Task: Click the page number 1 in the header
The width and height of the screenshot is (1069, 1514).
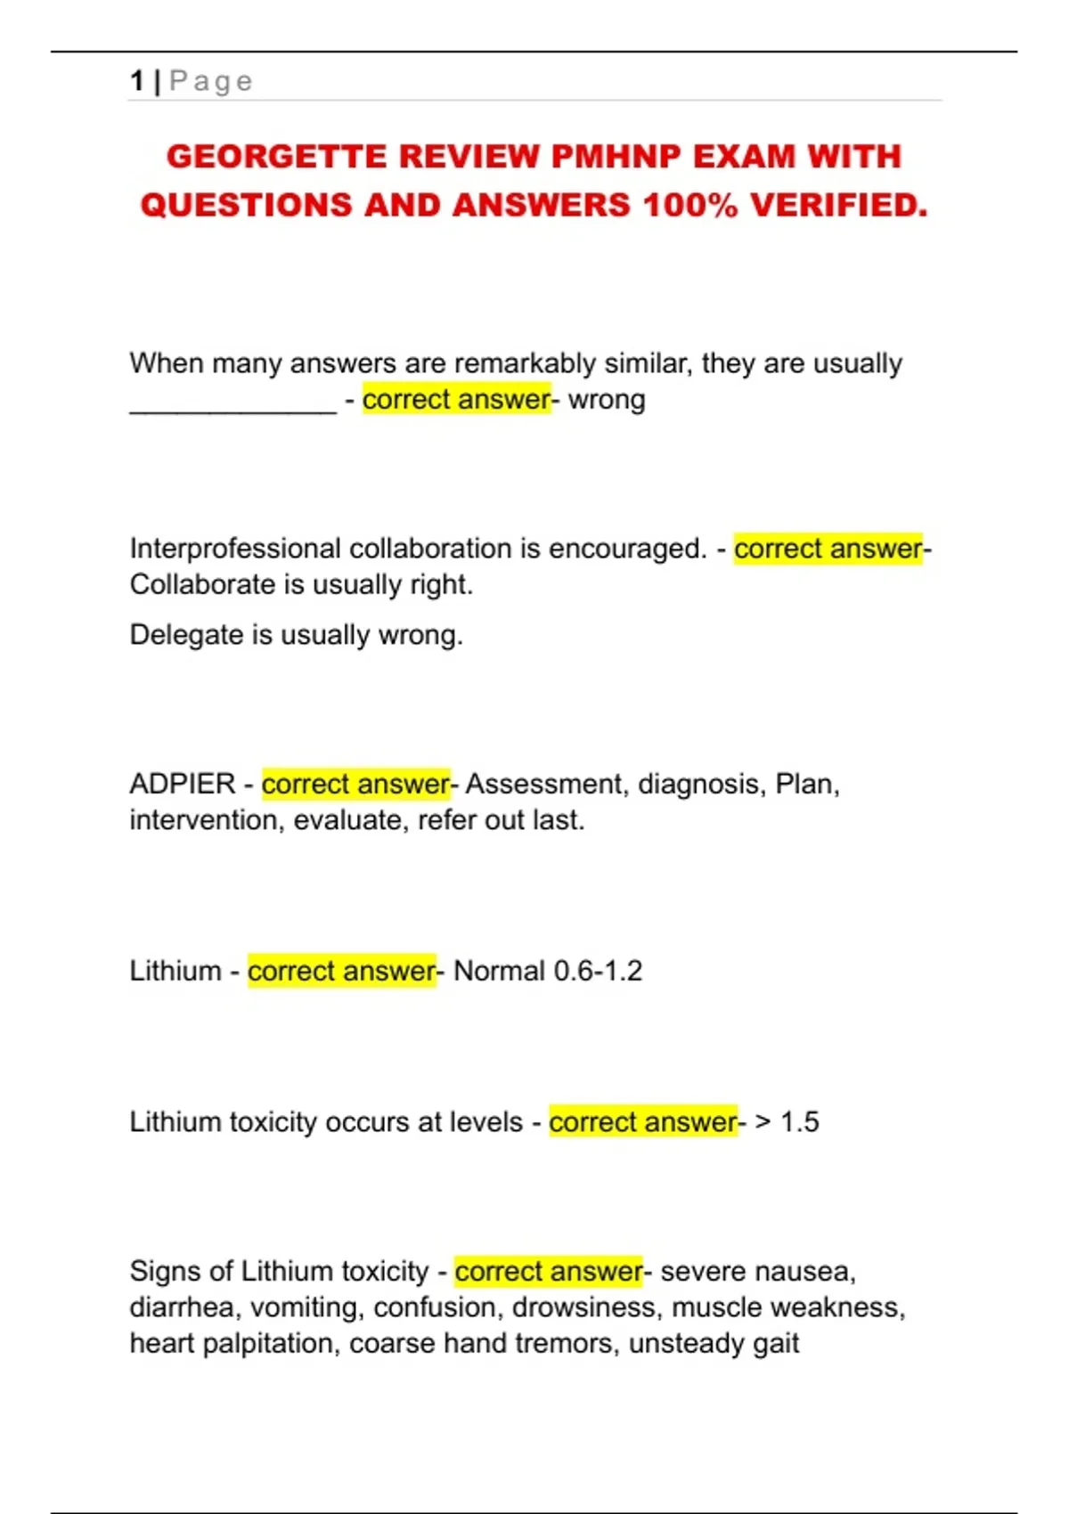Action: pos(136,81)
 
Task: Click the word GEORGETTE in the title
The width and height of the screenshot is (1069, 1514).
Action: pos(276,157)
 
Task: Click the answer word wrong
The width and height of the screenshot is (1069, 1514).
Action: pos(607,400)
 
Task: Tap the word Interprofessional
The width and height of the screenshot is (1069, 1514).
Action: pos(235,549)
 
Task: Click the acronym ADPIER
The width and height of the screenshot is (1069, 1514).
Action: pos(182,785)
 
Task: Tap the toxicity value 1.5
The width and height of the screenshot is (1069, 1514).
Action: pos(800,1122)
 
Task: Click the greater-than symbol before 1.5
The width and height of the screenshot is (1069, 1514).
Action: pos(763,1122)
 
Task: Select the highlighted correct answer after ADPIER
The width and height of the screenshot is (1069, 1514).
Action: pos(355,785)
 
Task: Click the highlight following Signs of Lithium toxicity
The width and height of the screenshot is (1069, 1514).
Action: pos(548,1272)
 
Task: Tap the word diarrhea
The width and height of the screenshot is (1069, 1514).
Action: pos(182,1307)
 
